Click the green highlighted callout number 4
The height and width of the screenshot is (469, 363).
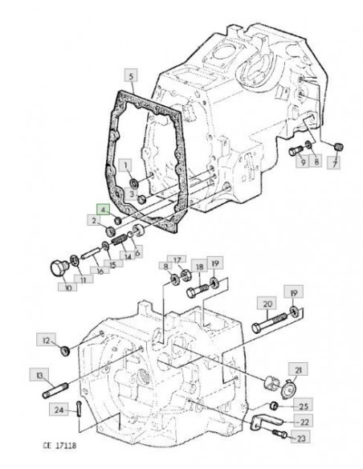pyautogui.click(x=103, y=210)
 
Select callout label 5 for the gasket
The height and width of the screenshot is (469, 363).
pyautogui.click(x=131, y=76)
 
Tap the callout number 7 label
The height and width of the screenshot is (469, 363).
pyautogui.click(x=335, y=163)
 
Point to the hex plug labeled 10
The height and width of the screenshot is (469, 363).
pyautogui.click(x=57, y=269)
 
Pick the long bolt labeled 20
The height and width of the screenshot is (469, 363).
pyautogui.click(x=270, y=322)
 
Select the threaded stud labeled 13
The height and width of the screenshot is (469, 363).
pyautogui.click(x=55, y=390)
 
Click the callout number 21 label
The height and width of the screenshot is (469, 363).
pyautogui.click(x=298, y=369)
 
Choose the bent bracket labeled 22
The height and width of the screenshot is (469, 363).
pyautogui.click(x=265, y=422)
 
